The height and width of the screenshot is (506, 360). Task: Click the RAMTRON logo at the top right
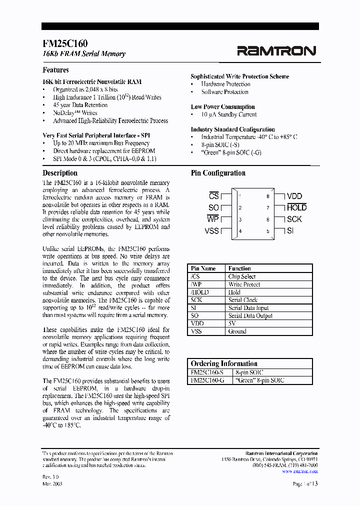276,50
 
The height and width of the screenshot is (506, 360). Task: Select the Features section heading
55,70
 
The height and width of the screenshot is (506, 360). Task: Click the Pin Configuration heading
218,173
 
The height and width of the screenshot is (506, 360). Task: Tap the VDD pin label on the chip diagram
294,196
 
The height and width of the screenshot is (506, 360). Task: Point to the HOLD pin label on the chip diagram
296,207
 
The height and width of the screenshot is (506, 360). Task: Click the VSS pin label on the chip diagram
212,230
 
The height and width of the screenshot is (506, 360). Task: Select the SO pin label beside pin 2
213,208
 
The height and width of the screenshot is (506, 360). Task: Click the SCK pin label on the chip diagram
294,219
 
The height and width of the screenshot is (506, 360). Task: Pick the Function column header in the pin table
239,268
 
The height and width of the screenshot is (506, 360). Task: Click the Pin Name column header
203,268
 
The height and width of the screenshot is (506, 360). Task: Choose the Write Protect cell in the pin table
244,284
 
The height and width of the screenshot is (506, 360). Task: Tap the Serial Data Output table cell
250,315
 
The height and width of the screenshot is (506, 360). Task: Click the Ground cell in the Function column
237,331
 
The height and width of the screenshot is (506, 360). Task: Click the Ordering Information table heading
224,363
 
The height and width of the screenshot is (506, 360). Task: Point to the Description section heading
60,173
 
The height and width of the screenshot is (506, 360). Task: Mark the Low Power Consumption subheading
222,107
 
